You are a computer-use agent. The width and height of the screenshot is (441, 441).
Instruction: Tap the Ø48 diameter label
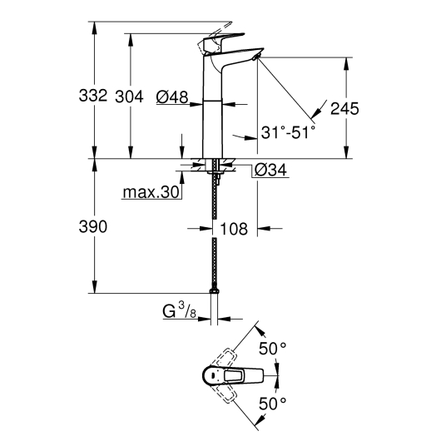tap(171, 97)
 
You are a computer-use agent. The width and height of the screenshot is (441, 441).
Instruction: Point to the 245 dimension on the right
tap(345, 108)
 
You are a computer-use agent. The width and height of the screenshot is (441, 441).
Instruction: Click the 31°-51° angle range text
tap(288, 132)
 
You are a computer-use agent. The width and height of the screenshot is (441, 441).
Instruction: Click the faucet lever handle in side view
tap(220, 37)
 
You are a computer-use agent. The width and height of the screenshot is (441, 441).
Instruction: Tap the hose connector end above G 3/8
tap(216, 290)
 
